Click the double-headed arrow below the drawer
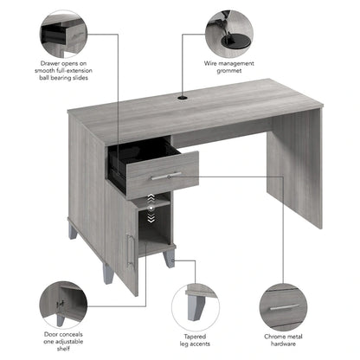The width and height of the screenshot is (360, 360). [149, 204]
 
